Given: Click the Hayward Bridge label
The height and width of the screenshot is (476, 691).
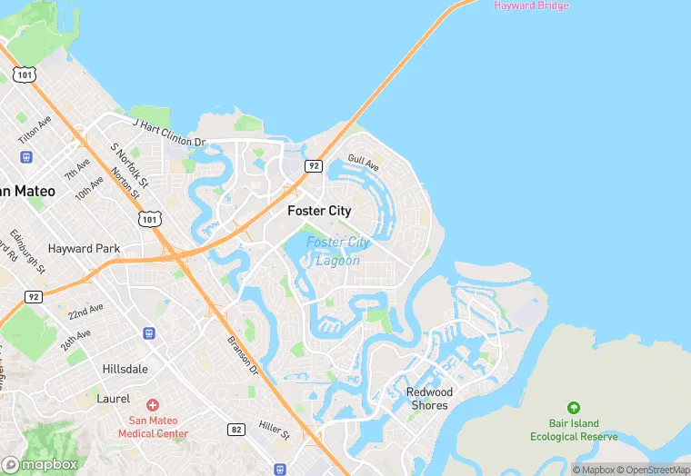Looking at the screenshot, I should pos(531,5).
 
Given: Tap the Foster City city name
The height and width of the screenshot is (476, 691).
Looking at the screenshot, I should pos(319,211).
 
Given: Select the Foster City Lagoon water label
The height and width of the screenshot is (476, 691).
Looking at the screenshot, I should pos(337,252).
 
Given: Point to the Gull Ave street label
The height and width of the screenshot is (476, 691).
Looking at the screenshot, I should pos(363,163).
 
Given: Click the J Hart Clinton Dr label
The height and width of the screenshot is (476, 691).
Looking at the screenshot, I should pos(169,133).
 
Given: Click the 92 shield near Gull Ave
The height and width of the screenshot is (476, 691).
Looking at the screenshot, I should pos(313,165).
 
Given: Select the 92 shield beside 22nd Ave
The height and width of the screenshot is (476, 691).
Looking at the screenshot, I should pos(33,296).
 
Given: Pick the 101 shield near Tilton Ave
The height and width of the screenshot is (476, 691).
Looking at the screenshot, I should pos(26,74).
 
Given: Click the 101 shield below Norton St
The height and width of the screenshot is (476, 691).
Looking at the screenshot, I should pos(150,219).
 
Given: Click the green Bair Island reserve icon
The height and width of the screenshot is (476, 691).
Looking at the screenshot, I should pos(573,408).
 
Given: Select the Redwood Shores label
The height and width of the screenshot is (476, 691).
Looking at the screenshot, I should pos(429,399).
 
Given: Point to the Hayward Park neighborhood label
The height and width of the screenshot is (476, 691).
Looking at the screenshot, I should pos(84,248).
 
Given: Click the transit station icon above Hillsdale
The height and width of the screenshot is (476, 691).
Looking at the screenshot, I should pos(149,333).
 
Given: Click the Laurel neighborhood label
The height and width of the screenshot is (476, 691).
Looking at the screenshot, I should pos(114,399).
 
